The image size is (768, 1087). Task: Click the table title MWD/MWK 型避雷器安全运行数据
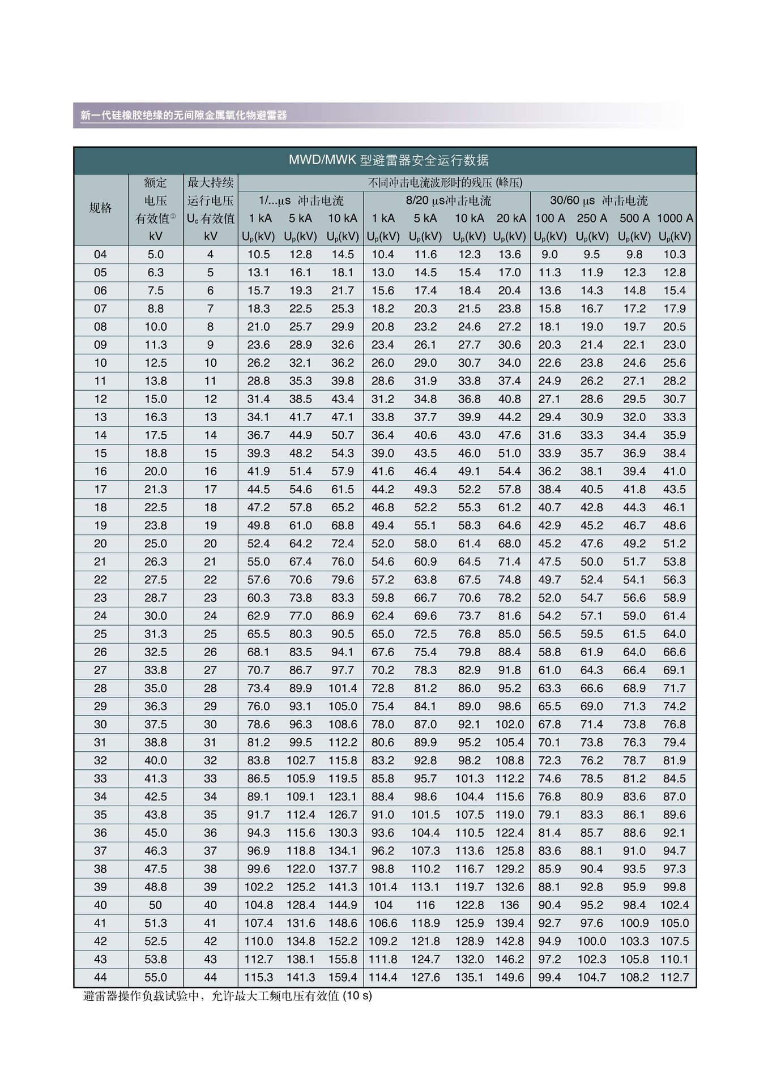click(x=389, y=160)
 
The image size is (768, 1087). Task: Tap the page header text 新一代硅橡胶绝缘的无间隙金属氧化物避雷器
click(x=184, y=115)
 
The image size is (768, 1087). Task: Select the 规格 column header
click(x=100, y=208)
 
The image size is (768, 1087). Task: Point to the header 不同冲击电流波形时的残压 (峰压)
click(x=445, y=183)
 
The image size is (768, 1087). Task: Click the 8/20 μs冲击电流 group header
click(x=448, y=201)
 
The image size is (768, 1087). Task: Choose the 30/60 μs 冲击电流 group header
click(x=599, y=201)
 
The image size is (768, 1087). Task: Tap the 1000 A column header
click(x=675, y=219)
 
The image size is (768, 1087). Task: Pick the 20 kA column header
click(x=511, y=219)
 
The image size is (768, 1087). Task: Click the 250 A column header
click(x=592, y=219)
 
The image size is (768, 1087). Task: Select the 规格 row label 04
click(x=100, y=255)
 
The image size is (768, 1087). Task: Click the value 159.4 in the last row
click(x=343, y=977)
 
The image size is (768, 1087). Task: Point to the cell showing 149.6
click(x=510, y=977)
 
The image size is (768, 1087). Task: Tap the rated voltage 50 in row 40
click(x=155, y=905)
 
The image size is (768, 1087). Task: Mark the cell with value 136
click(x=510, y=905)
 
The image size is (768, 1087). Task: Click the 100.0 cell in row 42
click(x=592, y=941)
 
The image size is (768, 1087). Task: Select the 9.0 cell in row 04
click(x=549, y=255)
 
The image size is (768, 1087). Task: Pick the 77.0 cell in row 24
click(x=301, y=615)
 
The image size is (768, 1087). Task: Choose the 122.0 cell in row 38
click(x=301, y=868)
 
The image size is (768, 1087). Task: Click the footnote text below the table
click(x=228, y=996)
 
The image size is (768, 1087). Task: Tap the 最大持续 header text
click(x=211, y=183)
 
